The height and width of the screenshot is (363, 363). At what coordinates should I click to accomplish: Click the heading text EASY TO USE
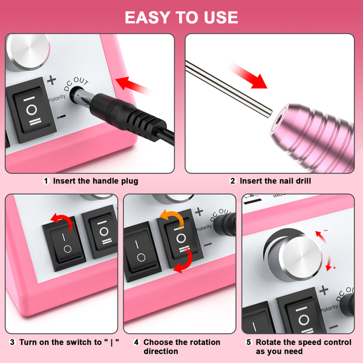(x=181, y=18)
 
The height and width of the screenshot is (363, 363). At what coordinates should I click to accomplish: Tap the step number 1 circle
(x=46, y=181)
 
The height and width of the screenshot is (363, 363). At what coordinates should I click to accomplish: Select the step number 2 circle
(x=233, y=181)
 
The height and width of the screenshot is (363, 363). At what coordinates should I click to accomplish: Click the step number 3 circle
(x=12, y=342)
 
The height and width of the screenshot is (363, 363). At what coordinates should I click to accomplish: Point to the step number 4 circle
(x=137, y=342)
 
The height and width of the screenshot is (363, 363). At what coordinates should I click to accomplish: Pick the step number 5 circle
(x=249, y=342)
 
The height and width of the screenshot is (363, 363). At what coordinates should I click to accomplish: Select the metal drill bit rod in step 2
(x=229, y=89)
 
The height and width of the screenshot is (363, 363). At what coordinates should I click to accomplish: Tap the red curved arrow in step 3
(x=62, y=221)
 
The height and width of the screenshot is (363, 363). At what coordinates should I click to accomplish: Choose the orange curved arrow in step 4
(x=173, y=217)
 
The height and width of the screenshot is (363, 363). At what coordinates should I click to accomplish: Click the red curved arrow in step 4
(x=184, y=260)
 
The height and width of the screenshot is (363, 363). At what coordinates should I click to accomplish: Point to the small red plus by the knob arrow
(x=335, y=267)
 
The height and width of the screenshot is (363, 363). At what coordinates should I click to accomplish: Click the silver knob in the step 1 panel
(x=28, y=52)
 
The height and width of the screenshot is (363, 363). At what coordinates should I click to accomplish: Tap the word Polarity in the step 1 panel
(x=57, y=97)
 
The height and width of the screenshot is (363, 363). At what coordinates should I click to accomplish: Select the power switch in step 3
(x=64, y=244)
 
